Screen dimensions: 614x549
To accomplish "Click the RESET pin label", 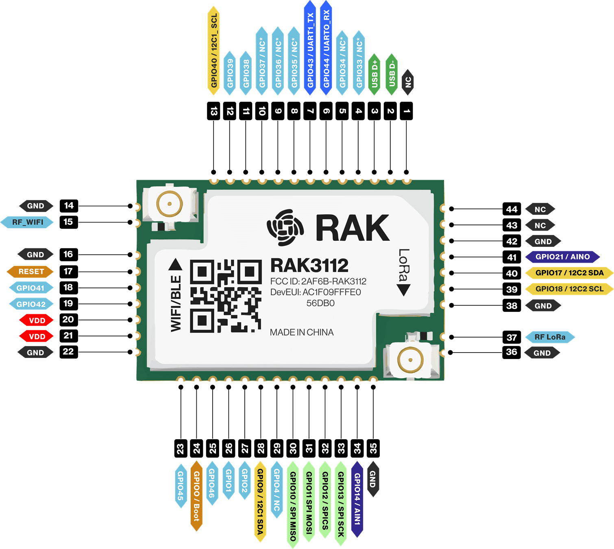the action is coord(30,271).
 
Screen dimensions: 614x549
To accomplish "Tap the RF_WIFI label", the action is coord(27,222).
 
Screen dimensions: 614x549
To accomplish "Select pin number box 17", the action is coord(68,271).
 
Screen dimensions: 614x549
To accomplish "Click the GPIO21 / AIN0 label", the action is coord(562,257).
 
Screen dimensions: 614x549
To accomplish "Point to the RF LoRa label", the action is coord(550,337).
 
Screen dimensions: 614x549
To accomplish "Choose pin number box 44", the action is coord(512,209).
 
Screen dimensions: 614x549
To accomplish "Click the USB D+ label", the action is coord(374,74).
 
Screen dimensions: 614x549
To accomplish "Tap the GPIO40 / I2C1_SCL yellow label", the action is coord(213,50).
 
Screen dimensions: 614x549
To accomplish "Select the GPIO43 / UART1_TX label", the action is coord(310,48).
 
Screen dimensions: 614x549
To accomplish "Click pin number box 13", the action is coord(213,111).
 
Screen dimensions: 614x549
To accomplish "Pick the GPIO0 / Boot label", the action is coord(196,496).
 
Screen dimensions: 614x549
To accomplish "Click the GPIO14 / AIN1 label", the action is coord(357,499).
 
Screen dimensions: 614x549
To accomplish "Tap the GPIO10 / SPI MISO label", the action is coord(293,505).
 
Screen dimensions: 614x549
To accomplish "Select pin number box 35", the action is coord(373,448).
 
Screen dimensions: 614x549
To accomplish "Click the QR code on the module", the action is coord(226,296).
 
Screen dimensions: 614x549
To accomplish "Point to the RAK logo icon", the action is coord(285,227).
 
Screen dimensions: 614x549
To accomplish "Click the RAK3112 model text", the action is coord(309,266).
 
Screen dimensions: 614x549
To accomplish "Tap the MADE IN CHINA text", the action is coord(302,332).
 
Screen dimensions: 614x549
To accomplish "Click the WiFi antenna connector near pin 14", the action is coord(170,204).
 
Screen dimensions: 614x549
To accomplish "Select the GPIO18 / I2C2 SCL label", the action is coord(569,289).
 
